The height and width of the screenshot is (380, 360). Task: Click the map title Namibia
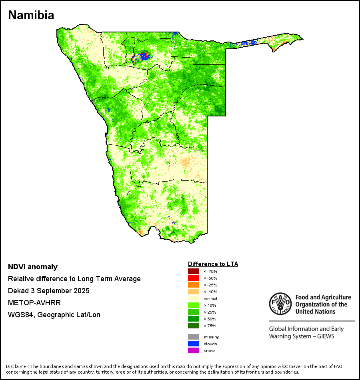[31, 16]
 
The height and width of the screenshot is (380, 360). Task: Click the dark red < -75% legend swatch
[193, 272]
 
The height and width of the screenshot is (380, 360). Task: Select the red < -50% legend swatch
[193, 278]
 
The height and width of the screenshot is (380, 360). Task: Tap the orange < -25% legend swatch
[193, 285]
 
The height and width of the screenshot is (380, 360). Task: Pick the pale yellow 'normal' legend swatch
[193, 299]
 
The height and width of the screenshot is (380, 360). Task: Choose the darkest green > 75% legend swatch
[193, 326]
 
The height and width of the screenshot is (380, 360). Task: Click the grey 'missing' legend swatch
[193, 337]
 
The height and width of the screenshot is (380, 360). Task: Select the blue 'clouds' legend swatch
[193, 344]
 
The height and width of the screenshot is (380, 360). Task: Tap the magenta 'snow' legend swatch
[193, 351]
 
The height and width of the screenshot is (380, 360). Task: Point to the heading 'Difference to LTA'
[213, 264]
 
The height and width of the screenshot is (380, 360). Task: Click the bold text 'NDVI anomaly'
[33, 267]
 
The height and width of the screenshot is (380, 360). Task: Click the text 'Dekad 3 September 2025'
[48, 291]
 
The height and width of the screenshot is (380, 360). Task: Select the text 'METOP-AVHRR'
[34, 303]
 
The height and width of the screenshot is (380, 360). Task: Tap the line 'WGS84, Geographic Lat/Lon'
[54, 315]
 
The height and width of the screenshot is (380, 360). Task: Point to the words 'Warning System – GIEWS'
[302, 336]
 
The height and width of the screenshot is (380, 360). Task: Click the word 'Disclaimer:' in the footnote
[18, 366]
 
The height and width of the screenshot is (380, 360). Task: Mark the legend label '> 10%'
[210, 306]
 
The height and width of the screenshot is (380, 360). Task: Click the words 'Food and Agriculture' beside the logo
[323, 297]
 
